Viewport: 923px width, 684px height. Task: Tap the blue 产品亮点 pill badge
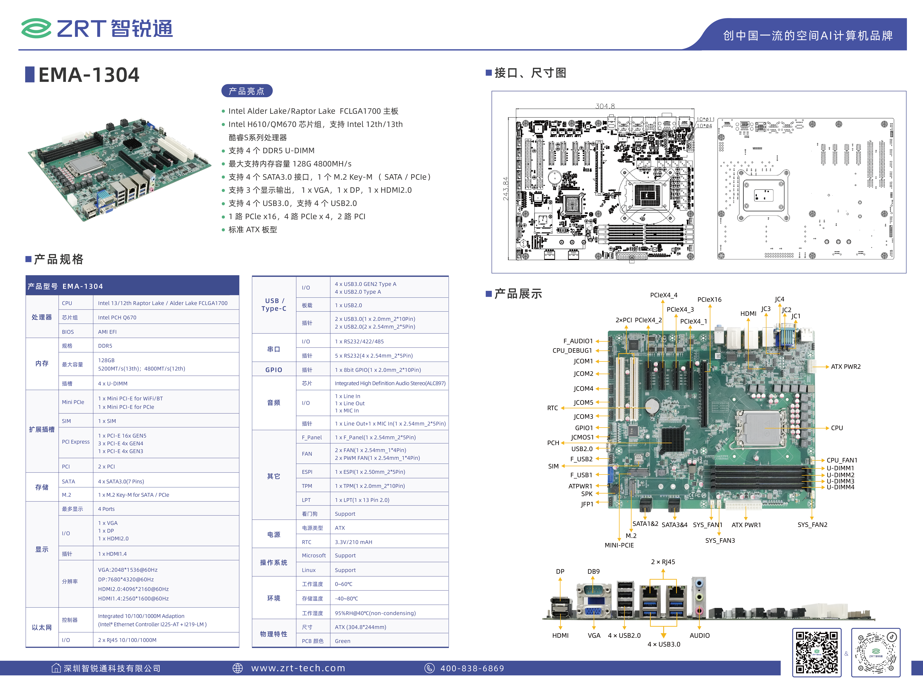coord(247,91)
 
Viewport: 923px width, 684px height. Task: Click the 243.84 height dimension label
coord(505,189)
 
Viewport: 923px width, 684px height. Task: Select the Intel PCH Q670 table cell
coord(117,318)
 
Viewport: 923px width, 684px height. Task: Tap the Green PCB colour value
coord(342,641)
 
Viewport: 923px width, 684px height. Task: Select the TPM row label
coord(307,486)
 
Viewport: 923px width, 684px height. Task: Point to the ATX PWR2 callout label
coord(846,366)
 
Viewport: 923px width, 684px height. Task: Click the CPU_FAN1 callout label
coord(842,460)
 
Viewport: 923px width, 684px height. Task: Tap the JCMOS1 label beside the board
coord(582,437)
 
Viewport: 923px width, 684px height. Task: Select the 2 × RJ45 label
coord(663,562)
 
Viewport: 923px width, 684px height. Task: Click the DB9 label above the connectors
coord(593,571)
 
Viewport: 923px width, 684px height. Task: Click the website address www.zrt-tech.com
coord(298,668)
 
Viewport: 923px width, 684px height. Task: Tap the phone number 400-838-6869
coord(472,668)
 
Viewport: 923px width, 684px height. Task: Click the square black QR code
coord(817,652)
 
